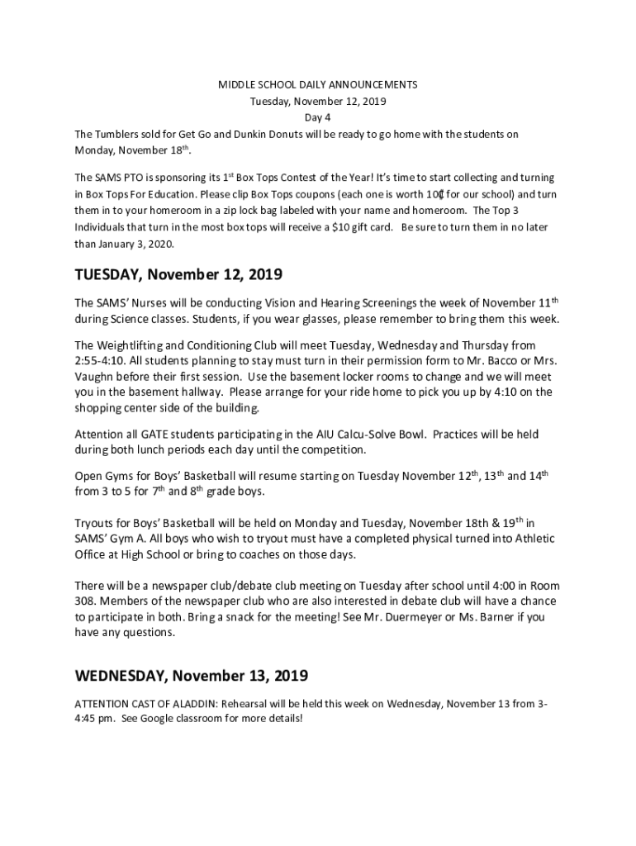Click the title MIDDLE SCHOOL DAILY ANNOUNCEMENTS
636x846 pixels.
318,85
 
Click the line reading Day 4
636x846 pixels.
318,118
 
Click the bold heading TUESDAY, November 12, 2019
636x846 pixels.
179,274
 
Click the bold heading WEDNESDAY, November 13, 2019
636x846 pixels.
192,677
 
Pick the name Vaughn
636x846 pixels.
97,378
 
